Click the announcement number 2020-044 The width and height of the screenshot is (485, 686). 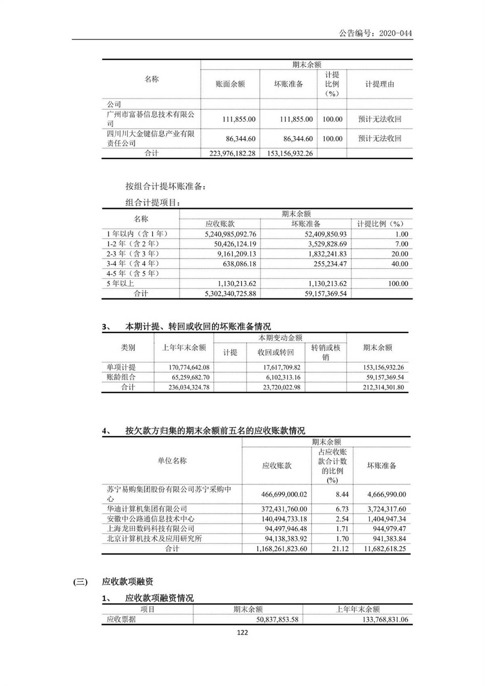point(375,33)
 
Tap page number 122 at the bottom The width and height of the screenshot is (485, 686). point(242,633)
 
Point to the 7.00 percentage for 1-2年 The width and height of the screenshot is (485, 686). point(401,244)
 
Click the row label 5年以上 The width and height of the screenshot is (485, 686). point(120,283)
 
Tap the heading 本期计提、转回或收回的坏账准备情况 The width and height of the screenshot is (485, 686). point(198,326)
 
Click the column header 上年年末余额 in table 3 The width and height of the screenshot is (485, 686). point(184,348)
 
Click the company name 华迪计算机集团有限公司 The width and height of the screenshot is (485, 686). point(147,509)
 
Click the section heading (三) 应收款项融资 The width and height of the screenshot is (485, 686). point(113,582)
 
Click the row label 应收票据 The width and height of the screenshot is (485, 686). point(121,619)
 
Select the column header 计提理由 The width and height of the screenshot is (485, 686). point(380,84)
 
